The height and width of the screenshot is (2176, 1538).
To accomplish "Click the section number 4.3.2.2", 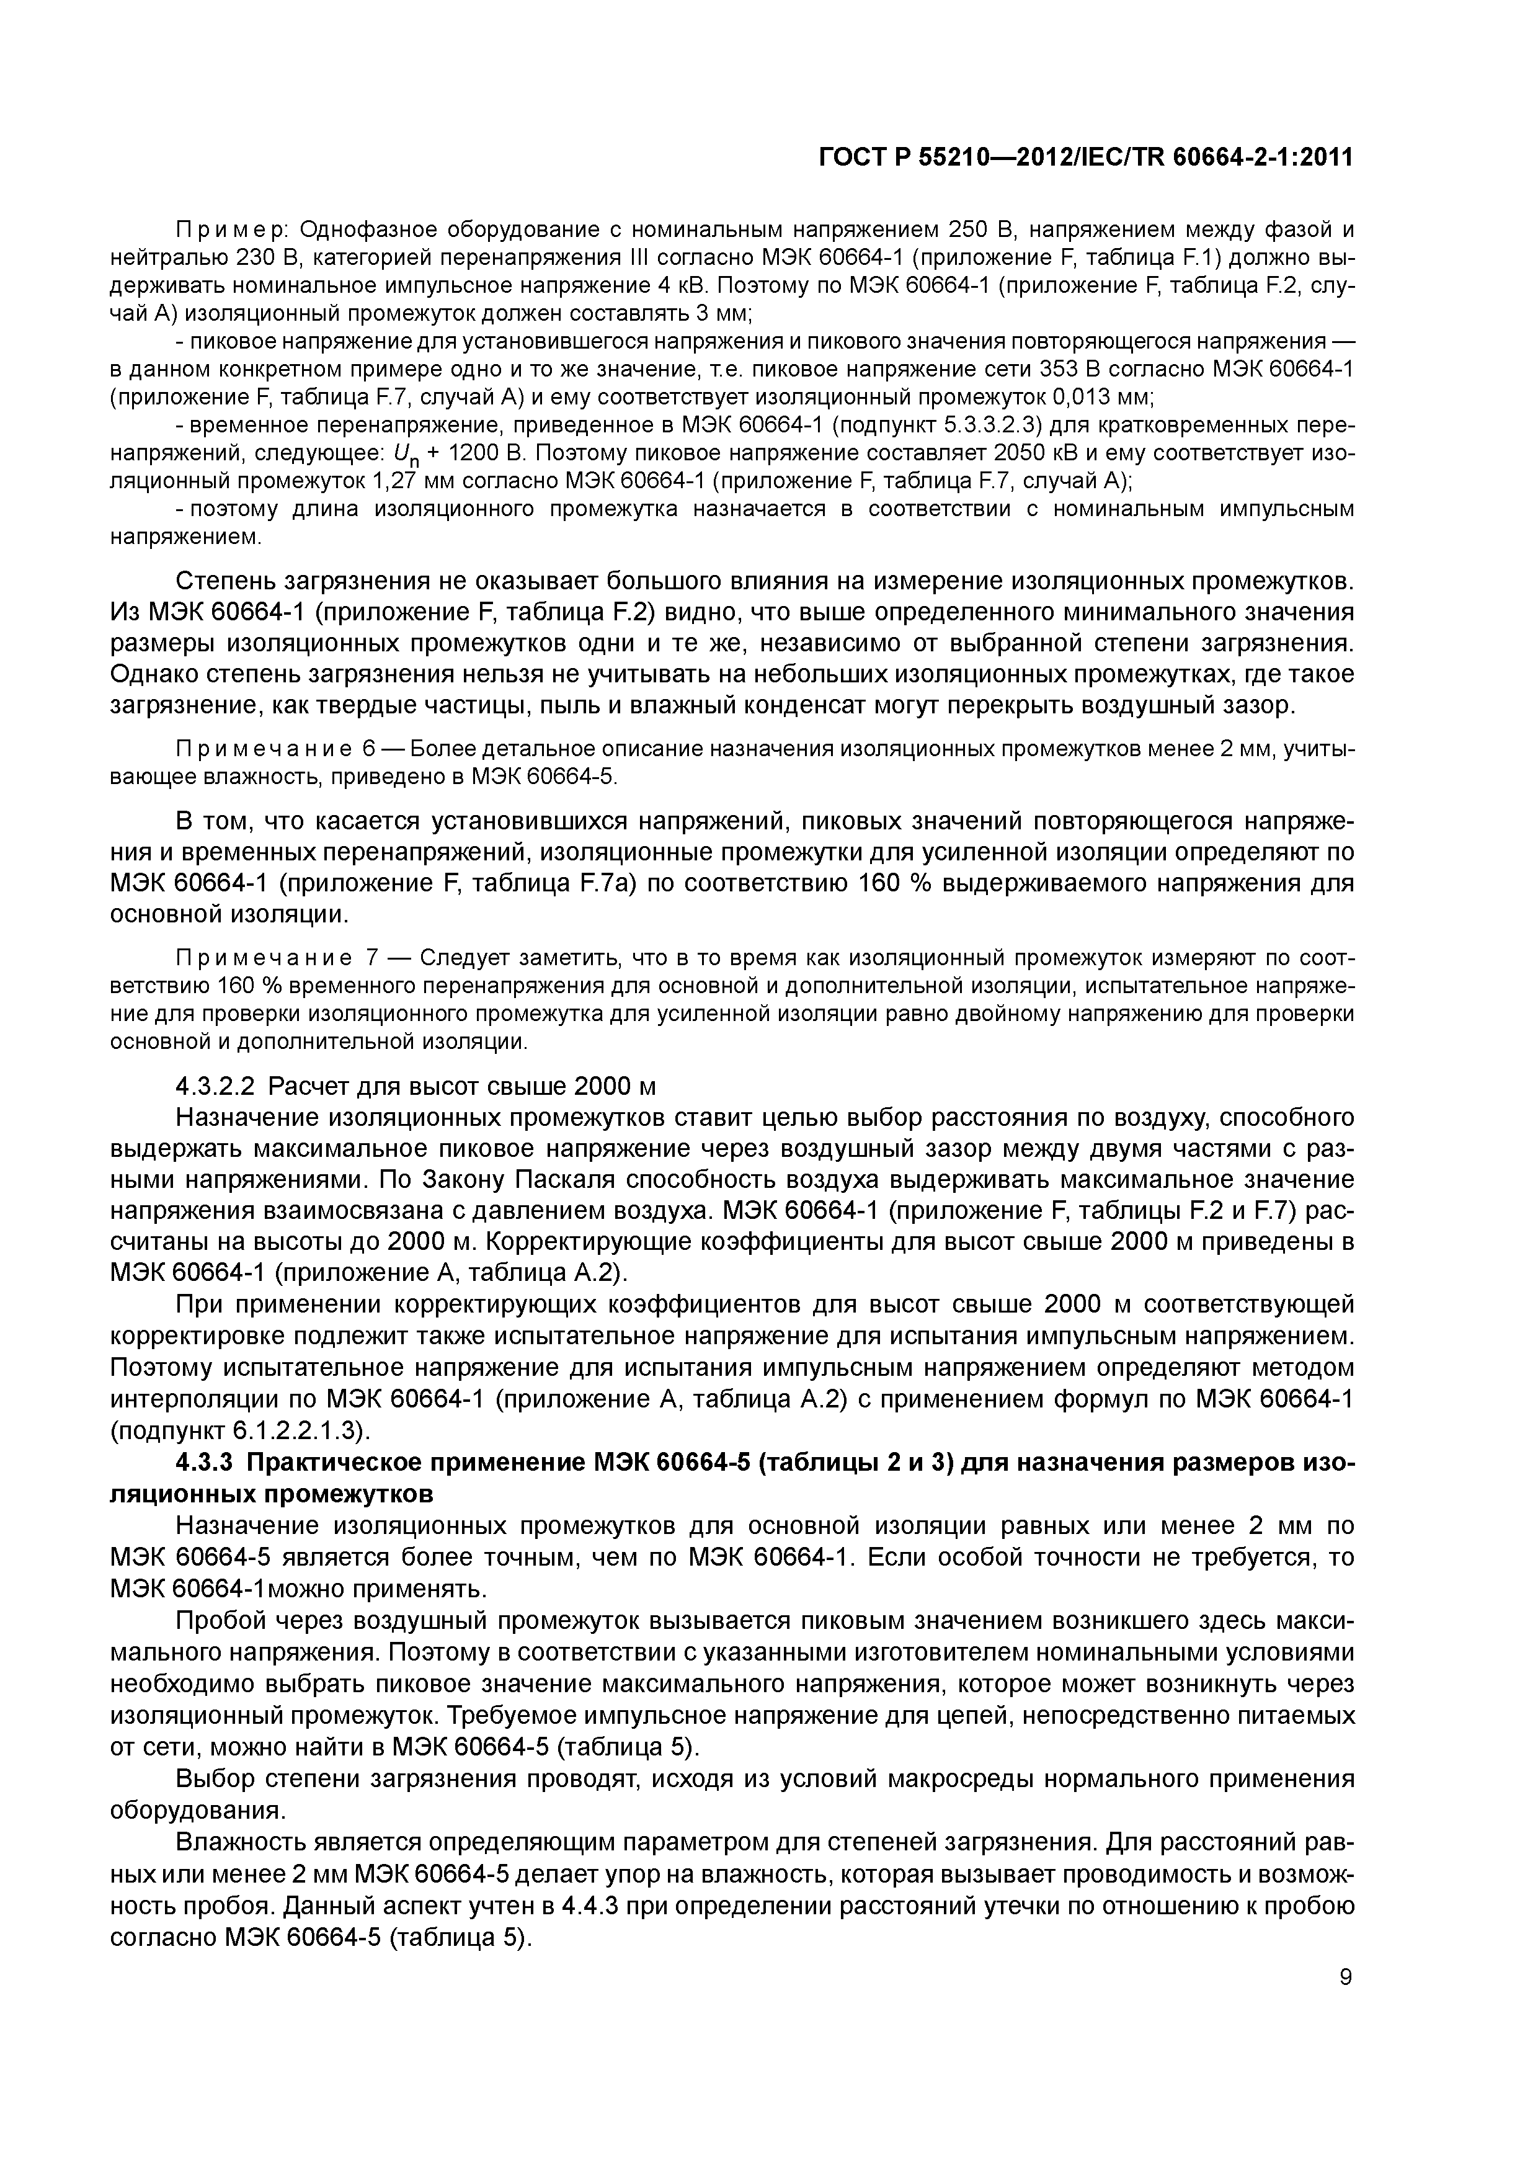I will [x=216, y=1085].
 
